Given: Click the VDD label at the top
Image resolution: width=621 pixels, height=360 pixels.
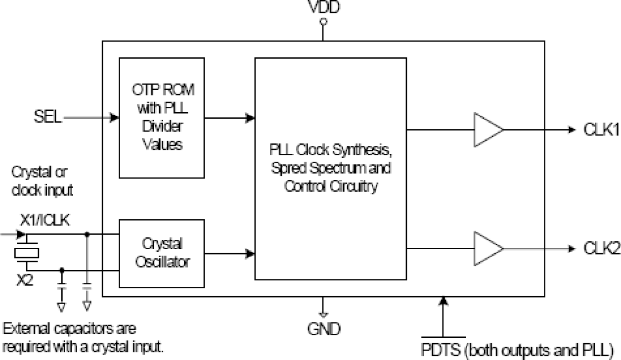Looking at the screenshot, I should pyautogui.click(x=323, y=7).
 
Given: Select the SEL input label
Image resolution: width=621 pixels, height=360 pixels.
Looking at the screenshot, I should pyautogui.click(x=48, y=118).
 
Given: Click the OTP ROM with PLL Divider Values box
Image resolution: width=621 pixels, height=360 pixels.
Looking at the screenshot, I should pyautogui.click(x=162, y=117).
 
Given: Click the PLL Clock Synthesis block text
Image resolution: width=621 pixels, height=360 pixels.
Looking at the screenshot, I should pyautogui.click(x=330, y=168).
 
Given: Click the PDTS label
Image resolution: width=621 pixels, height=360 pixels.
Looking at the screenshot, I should pyautogui.click(x=441, y=350).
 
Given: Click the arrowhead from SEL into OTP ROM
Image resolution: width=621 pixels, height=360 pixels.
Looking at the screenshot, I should pyautogui.click(x=115, y=118).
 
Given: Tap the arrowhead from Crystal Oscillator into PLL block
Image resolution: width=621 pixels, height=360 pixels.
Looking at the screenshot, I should pyautogui.click(x=251, y=254).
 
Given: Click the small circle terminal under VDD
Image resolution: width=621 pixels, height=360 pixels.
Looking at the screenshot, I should pyautogui.click(x=323, y=22).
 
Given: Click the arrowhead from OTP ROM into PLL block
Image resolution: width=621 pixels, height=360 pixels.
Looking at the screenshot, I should pyautogui.click(x=251, y=118).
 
